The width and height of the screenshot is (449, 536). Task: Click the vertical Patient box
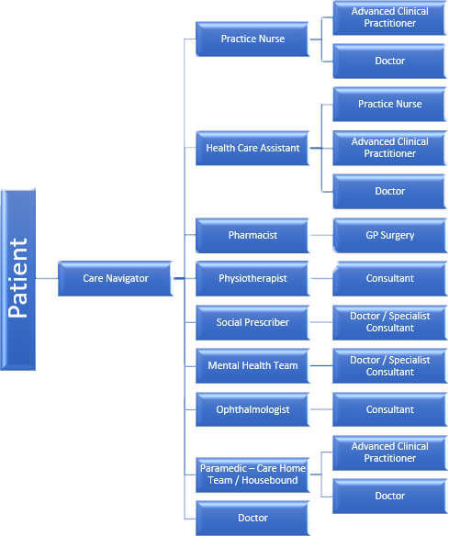pos(19,278)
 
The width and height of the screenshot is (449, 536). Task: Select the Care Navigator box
pos(115,278)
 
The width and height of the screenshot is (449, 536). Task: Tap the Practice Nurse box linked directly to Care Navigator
pos(253,39)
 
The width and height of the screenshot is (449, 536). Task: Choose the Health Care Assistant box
pos(253,148)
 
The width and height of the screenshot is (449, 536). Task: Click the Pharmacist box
pos(253,236)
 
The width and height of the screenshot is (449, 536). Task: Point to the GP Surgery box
pos(389,236)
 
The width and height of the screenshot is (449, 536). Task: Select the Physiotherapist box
pos(253,278)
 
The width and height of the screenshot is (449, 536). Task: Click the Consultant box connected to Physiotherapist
pos(389,278)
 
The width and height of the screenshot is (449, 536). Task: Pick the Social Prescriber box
pos(253,322)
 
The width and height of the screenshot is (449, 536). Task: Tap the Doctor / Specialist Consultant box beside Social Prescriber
pos(389,322)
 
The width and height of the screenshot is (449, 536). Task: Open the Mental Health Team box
pos(253,365)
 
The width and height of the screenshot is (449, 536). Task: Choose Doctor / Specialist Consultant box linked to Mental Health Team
pos(389,365)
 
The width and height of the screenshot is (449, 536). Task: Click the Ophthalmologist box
pos(253,409)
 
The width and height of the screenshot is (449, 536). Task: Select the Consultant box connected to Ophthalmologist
pos(389,409)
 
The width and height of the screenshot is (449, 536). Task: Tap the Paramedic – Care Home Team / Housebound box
pos(253,475)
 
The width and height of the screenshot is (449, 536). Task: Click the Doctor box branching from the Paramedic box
pos(389,496)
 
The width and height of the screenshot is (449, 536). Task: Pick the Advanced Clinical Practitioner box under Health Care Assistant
pos(389,148)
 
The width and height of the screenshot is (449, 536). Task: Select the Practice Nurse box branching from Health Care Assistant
pos(389,105)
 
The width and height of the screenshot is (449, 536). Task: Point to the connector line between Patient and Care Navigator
pos(47,278)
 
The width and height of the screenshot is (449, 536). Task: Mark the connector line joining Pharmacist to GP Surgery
pos(320,236)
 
